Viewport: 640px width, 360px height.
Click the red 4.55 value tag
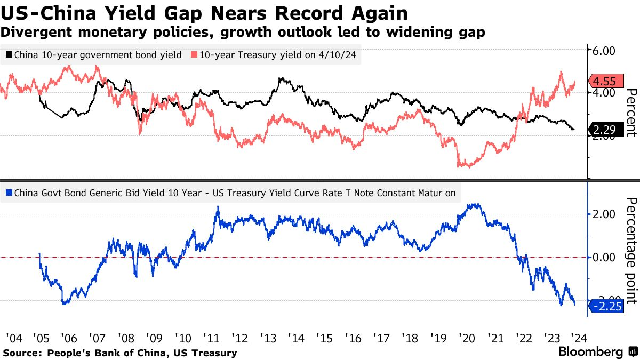[x=606, y=81]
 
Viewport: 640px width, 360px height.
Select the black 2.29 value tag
[x=606, y=130]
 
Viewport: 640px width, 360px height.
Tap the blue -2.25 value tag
[x=606, y=306]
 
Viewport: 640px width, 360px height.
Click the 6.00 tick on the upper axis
[x=603, y=51]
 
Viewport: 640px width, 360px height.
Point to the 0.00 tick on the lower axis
[x=603, y=258]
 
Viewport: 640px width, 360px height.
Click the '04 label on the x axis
[x=14, y=338]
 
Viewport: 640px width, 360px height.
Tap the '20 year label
[x=467, y=338]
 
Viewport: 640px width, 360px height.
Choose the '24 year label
[x=579, y=338]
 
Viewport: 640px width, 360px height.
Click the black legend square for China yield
[x=9, y=54]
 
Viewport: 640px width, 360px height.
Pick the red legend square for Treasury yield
[x=194, y=54]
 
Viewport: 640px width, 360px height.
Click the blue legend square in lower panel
[x=9, y=193]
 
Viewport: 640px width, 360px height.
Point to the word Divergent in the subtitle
[x=36, y=32]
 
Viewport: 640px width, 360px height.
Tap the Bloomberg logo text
[x=591, y=351]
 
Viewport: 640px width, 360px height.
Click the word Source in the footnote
[x=22, y=353]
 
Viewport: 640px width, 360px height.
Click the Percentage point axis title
[x=632, y=251]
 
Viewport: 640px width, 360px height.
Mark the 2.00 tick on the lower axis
[x=603, y=214]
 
